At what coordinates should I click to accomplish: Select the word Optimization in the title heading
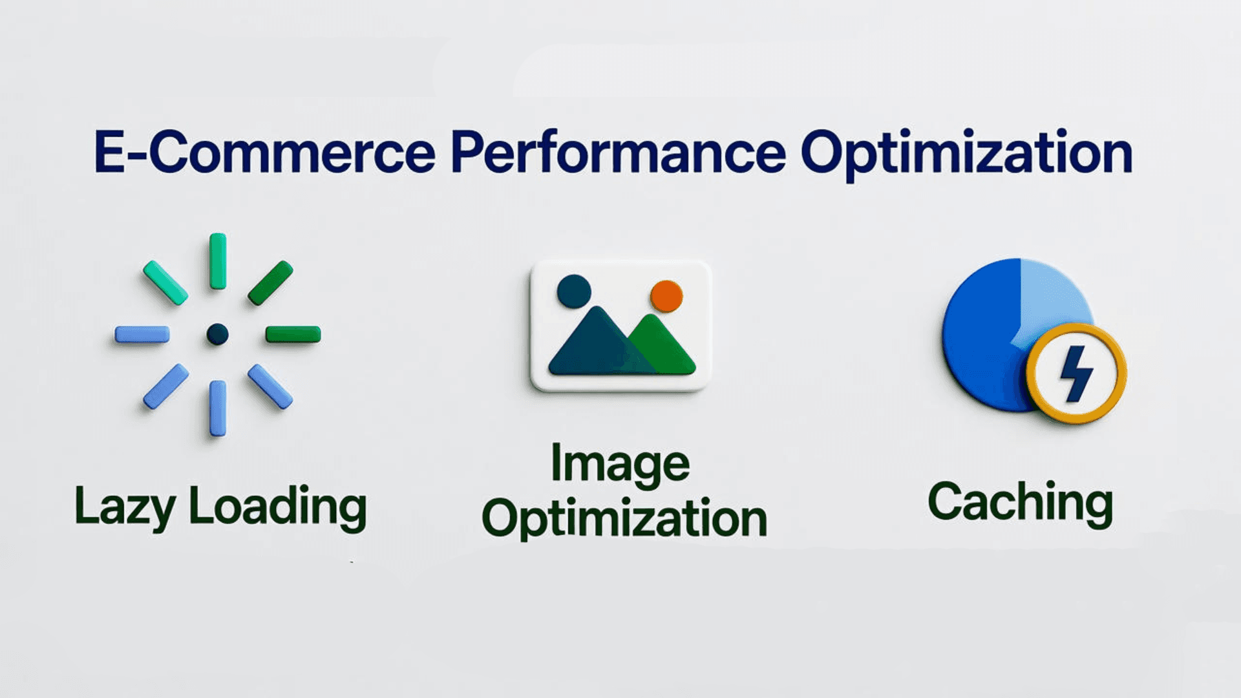click(x=966, y=154)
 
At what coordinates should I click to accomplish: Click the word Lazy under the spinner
click(x=125, y=507)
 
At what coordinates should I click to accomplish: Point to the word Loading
click(x=278, y=507)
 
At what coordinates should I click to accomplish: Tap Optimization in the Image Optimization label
click(x=624, y=519)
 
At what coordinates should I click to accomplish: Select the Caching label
click(x=1020, y=503)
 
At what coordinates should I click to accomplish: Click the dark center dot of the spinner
click(x=217, y=334)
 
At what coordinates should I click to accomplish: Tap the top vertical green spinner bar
click(x=218, y=261)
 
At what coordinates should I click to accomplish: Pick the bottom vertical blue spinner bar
click(x=218, y=408)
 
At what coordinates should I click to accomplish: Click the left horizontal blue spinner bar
click(x=142, y=334)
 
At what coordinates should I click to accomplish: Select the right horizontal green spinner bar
click(x=293, y=334)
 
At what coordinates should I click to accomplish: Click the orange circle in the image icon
click(x=666, y=296)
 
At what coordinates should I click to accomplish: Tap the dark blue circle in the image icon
click(x=574, y=291)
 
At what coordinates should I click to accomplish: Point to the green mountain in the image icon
click(x=666, y=349)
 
